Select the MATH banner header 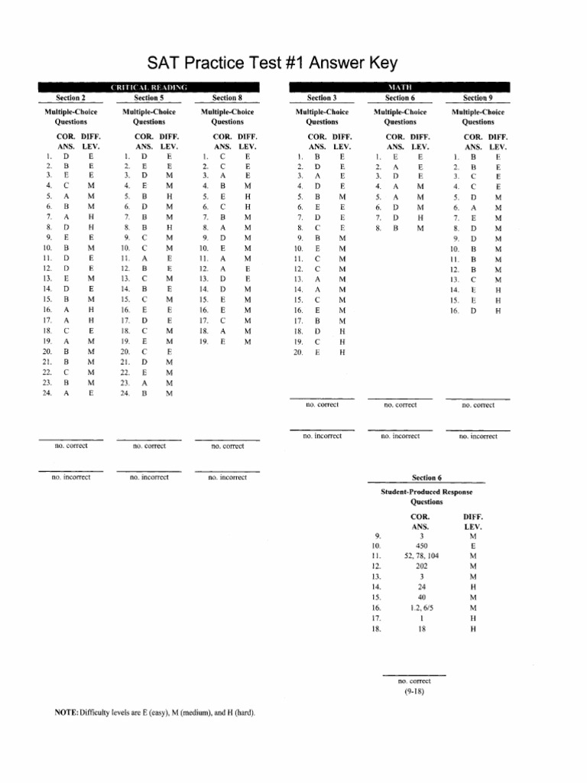(397, 88)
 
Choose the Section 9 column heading (478, 98)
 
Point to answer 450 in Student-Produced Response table (422, 547)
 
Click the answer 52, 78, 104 (422, 557)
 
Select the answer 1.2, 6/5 (422, 606)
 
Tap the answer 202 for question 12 (422, 567)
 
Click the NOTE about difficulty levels (154, 713)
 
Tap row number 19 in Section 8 (203, 343)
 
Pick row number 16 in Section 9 (454, 311)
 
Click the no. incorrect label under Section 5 (149, 477)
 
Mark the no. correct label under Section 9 (478, 405)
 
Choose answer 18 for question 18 (422, 629)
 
